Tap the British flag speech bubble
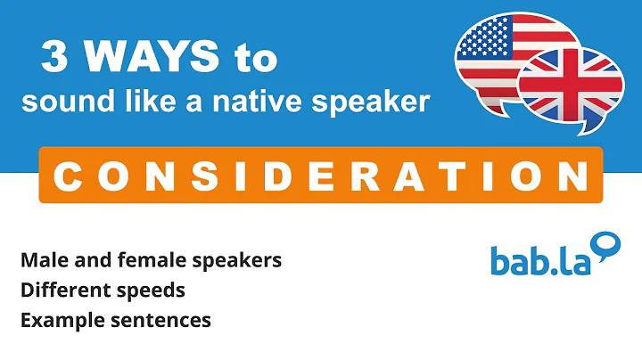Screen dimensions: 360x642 pos(571,85)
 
